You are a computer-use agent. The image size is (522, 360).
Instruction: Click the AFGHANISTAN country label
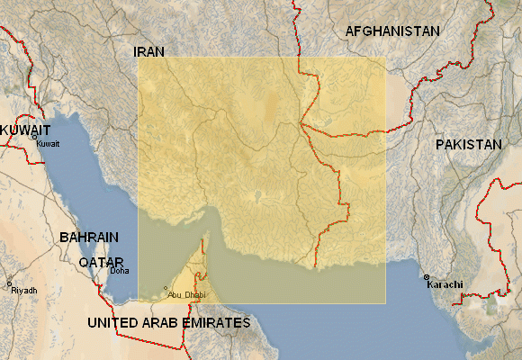tap(392, 31)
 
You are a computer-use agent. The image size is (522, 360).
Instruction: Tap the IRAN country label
tap(150, 51)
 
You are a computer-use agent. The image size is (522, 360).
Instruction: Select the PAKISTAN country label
tap(468, 144)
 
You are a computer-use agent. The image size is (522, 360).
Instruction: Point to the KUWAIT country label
tap(25, 130)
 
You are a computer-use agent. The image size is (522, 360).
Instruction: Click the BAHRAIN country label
tap(89, 238)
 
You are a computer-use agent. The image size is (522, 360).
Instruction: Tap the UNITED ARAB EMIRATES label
tap(168, 322)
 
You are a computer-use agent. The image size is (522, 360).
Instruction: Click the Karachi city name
tap(445, 284)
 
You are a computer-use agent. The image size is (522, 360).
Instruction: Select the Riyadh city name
tap(24, 291)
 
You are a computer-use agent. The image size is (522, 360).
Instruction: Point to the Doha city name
tap(119, 270)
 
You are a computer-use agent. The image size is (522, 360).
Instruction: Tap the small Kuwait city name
tap(48, 144)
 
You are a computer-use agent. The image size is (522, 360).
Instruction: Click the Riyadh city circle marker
tap(9, 283)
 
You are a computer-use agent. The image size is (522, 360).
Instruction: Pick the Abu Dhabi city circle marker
tap(166, 288)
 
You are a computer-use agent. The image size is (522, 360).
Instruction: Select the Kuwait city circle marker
tap(35, 138)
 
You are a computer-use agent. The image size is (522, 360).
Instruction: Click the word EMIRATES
tap(218, 322)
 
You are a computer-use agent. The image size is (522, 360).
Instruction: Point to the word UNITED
tap(114, 322)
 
